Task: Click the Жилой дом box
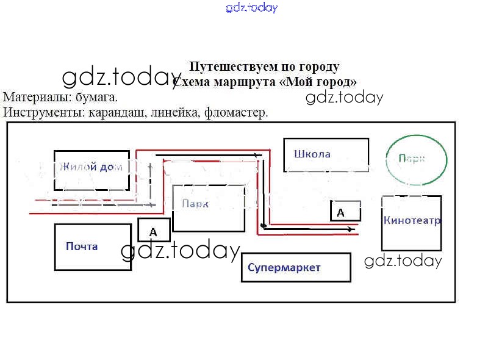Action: pos(91,170)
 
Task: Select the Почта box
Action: pos(93,247)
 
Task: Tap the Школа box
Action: pos(326,155)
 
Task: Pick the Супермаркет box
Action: pos(296,267)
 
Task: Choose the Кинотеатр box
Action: pos(411,223)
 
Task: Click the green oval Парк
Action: pos(417,160)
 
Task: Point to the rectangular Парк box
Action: pos(209,208)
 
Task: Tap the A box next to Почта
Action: pos(154,231)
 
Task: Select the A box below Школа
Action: pos(345,211)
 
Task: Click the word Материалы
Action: pos(32,97)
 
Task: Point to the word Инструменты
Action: pos(43,112)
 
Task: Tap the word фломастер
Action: pos(236,112)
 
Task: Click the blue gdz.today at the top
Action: pos(251,8)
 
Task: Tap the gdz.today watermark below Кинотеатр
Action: pos(403,261)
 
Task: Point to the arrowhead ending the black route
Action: pos(350,229)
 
